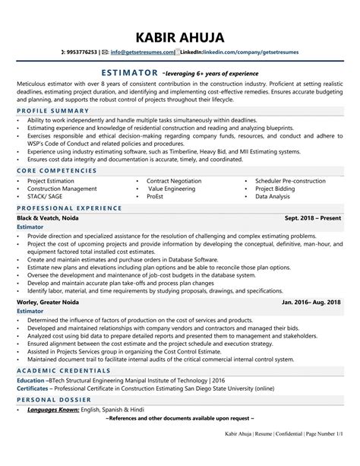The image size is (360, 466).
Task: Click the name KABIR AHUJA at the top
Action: click(180, 37)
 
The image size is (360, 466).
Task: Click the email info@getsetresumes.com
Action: click(142, 53)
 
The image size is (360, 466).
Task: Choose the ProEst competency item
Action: click(156, 196)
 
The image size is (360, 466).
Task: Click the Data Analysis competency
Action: click(273, 196)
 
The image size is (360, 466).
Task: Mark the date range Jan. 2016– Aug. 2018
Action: click(311, 303)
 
